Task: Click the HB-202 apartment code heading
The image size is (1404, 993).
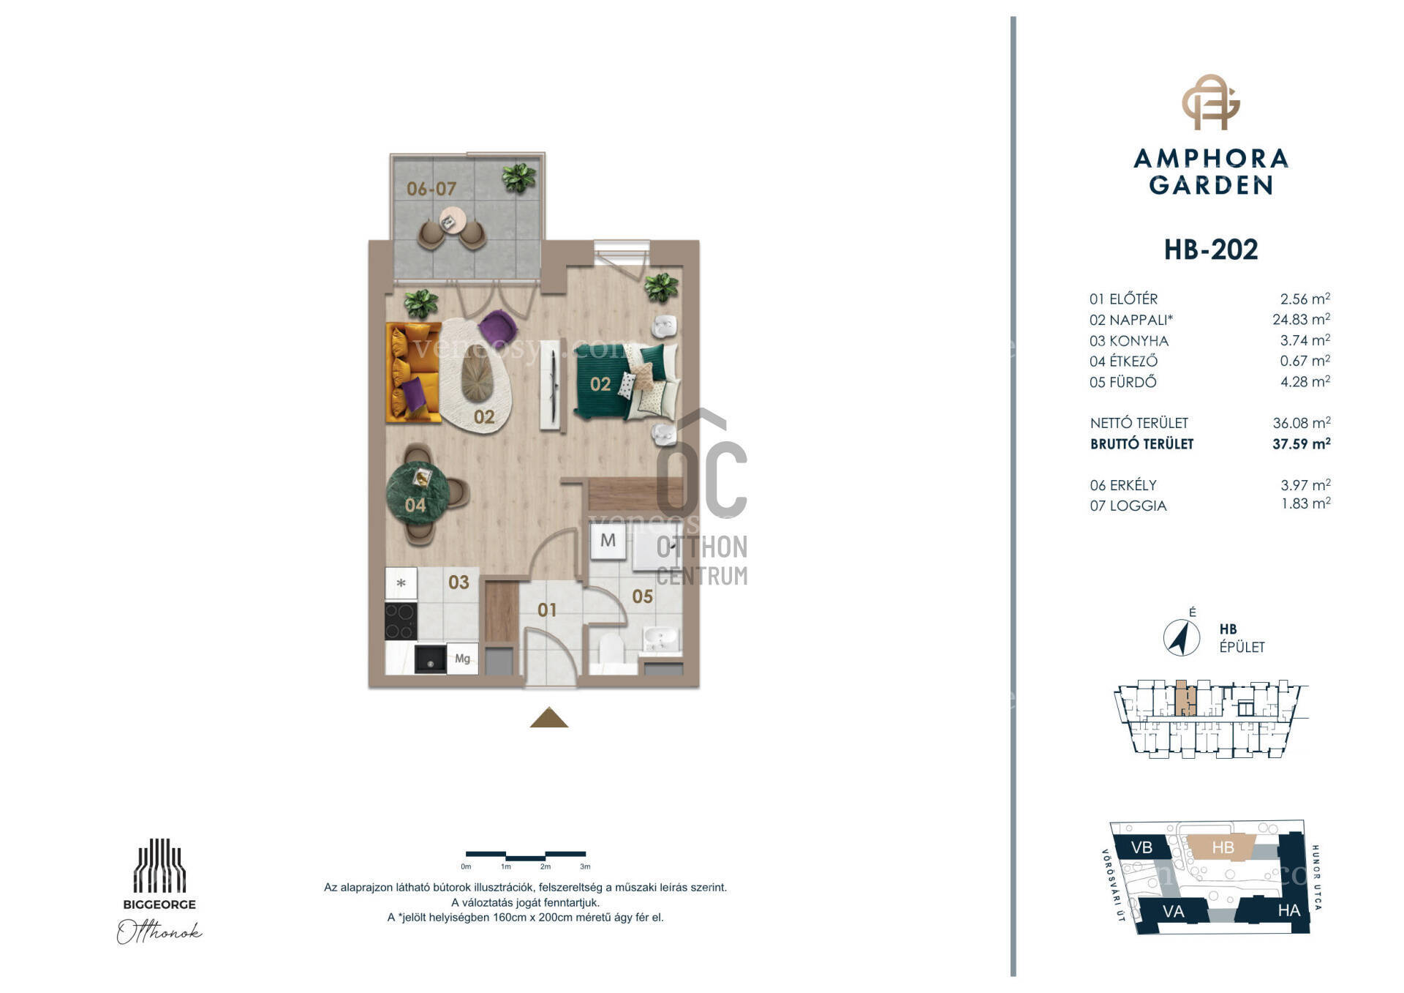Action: tap(1210, 250)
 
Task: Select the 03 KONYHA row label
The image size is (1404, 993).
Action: tap(1129, 341)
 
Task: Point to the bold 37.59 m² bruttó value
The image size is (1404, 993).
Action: tap(1301, 443)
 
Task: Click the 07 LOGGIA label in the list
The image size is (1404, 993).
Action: tap(1128, 506)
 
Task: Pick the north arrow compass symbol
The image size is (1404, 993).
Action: tap(1180, 637)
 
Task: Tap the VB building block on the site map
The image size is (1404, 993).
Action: tap(1141, 847)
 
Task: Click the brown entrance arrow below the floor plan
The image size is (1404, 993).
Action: tap(549, 718)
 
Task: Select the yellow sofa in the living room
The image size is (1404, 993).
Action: tap(412, 372)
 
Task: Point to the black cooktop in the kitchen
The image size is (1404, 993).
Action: tap(401, 621)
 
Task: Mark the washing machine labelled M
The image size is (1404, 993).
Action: tap(608, 541)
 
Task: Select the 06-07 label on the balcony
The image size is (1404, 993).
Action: tap(431, 189)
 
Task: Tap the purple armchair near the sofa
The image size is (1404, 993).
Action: tap(498, 326)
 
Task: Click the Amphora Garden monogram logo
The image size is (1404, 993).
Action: tap(1211, 102)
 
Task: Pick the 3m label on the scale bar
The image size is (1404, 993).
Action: tap(585, 867)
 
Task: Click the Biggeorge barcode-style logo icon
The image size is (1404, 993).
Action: tap(159, 866)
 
